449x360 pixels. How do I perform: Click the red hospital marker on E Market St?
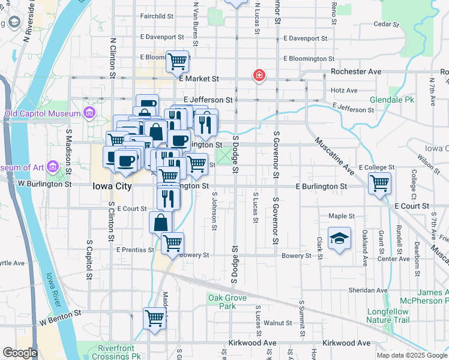click(x=259, y=76)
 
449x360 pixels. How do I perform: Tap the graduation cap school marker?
click(x=339, y=238)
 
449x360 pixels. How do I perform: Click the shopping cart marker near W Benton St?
click(x=154, y=318)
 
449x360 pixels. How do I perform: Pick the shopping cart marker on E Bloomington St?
click(x=177, y=61)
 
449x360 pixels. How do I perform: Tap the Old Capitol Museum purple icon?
click(x=89, y=113)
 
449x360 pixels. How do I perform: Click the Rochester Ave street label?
click(x=357, y=71)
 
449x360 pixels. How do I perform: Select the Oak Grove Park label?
click(x=223, y=302)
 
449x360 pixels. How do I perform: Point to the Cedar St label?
click(x=386, y=25)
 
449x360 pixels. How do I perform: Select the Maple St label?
click(x=342, y=216)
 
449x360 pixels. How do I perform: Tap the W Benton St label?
click(x=61, y=314)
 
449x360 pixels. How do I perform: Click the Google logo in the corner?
click(x=19, y=353)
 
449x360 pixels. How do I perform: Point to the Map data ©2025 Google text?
click(x=412, y=355)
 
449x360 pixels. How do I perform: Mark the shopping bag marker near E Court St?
click(x=161, y=223)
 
